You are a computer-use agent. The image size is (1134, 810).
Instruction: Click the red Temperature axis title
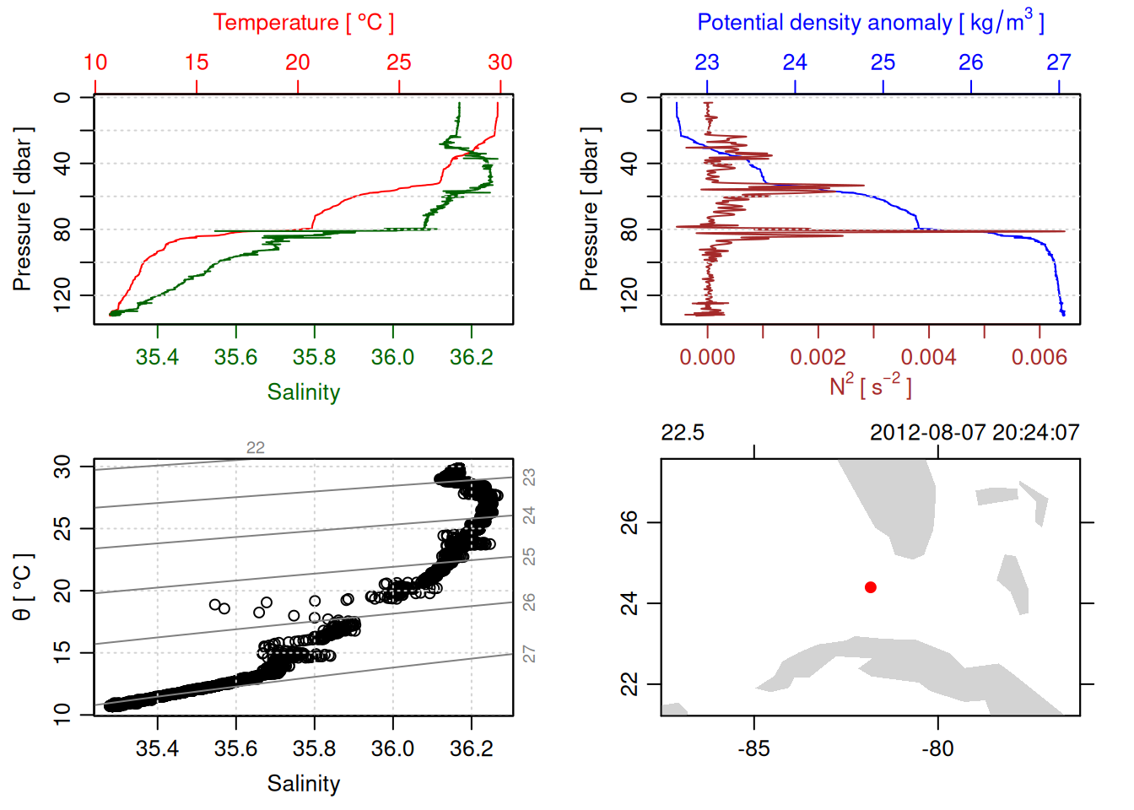(x=304, y=23)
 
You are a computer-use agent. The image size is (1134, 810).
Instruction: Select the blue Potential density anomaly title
(x=870, y=22)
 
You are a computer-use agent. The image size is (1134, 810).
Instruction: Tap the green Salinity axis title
(x=304, y=392)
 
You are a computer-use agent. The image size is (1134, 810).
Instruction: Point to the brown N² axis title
(x=870, y=386)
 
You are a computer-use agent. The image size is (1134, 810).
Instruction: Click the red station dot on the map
(x=871, y=587)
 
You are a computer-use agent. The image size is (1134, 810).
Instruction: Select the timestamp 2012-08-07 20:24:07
(x=975, y=433)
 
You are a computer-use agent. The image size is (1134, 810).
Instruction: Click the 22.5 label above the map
(x=683, y=433)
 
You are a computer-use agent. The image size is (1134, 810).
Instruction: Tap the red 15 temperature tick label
(x=197, y=62)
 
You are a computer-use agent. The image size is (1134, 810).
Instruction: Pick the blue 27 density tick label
(x=1059, y=62)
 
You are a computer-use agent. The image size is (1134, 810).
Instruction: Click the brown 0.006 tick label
(x=1039, y=358)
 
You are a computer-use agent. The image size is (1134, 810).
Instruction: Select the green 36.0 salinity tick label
(x=393, y=358)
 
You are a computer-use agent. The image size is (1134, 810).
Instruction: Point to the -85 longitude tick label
(x=753, y=748)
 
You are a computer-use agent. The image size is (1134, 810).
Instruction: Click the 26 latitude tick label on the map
(x=629, y=522)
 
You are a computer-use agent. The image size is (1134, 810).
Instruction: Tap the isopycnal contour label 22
(x=256, y=448)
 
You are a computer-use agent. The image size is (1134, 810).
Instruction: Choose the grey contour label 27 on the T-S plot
(x=529, y=654)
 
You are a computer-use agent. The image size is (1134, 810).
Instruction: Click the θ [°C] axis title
(x=23, y=587)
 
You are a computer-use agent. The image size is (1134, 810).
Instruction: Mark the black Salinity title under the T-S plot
(x=304, y=784)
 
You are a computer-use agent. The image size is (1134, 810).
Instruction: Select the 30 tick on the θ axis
(x=62, y=467)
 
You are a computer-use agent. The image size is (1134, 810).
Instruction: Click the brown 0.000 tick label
(x=707, y=358)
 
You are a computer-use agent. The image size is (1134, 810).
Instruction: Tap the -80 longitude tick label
(x=937, y=748)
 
